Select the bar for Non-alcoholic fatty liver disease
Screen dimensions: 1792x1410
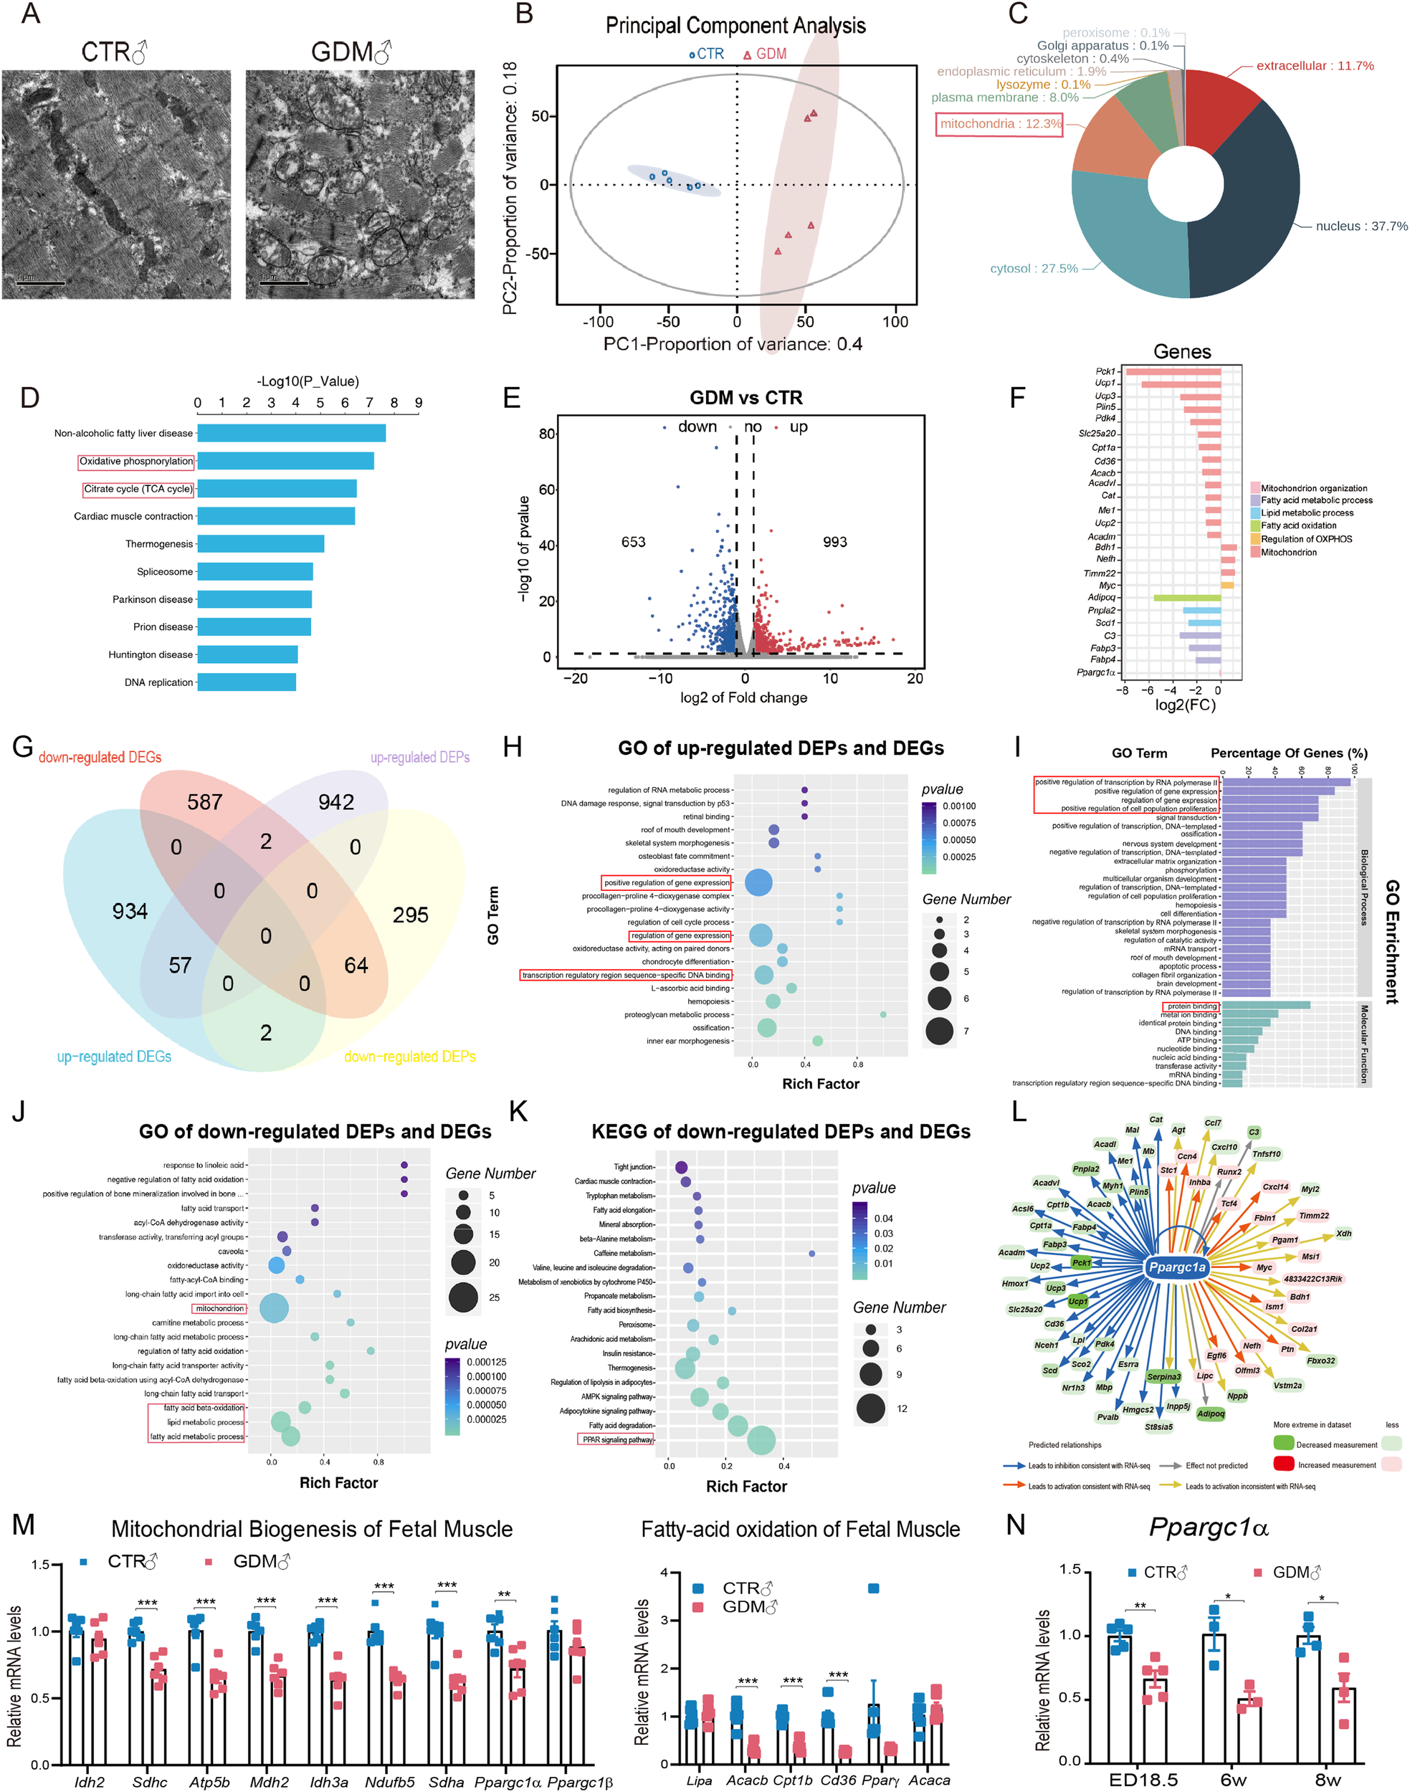click(290, 432)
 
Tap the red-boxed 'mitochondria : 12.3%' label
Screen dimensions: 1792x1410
click(1000, 124)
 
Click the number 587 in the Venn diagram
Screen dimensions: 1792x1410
click(205, 802)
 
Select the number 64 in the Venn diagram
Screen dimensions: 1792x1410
click(356, 965)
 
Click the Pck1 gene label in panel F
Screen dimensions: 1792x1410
click(1105, 371)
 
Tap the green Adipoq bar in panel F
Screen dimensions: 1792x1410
click(1186, 598)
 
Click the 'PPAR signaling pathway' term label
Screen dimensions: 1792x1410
click(616, 1439)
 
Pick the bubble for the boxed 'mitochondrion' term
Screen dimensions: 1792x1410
click(273, 1308)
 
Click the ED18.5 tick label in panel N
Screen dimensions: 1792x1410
click(1143, 1780)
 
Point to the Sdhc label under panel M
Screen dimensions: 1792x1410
click(149, 1781)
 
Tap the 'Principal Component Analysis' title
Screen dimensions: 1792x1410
click(735, 26)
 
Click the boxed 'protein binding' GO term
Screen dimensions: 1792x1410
click(1191, 1006)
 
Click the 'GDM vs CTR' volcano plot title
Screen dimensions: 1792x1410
click(746, 398)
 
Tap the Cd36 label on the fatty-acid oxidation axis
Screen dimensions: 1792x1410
click(838, 1780)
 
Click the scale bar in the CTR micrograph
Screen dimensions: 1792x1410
click(40, 283)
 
